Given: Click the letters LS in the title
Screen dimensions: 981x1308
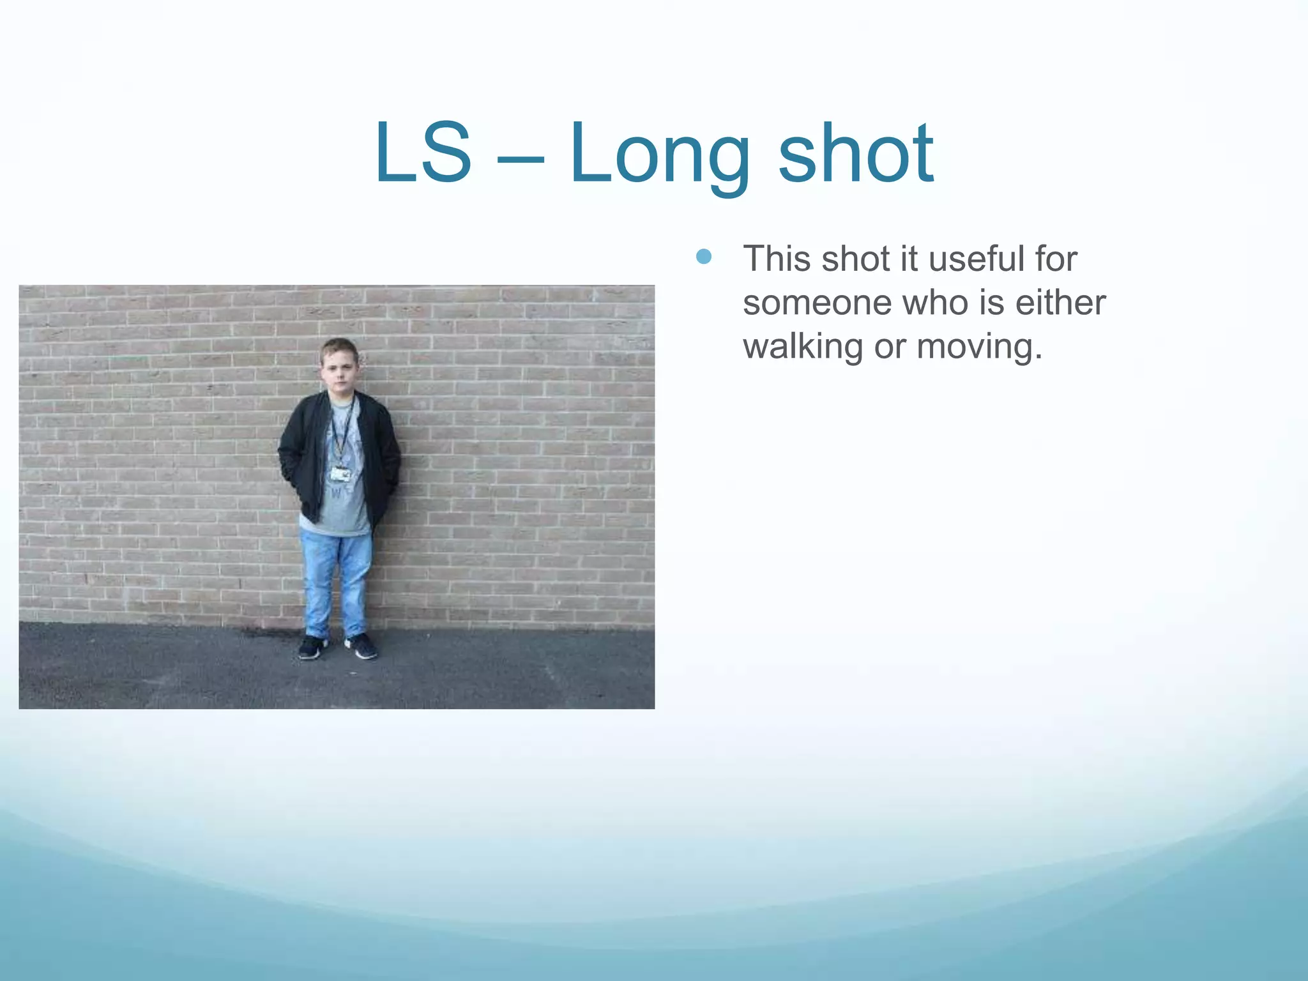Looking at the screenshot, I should click(423, 153).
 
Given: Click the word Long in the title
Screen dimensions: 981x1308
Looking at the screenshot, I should click(660, 156).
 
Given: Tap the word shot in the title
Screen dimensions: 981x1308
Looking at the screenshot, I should click(856, 153).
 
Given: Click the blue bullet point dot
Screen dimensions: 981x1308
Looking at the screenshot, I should click(703, 257).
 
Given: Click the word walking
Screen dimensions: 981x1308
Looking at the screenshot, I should click(803, 347).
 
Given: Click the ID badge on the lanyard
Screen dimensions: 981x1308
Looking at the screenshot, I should click(340, 474).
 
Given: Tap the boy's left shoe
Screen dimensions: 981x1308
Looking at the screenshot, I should click(361, 646).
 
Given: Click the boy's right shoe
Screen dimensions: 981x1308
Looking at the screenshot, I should click(312, 648).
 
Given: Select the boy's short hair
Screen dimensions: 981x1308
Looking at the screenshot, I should click(338, 348).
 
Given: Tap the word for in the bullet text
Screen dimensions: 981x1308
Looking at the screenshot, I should click(1056, 259).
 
